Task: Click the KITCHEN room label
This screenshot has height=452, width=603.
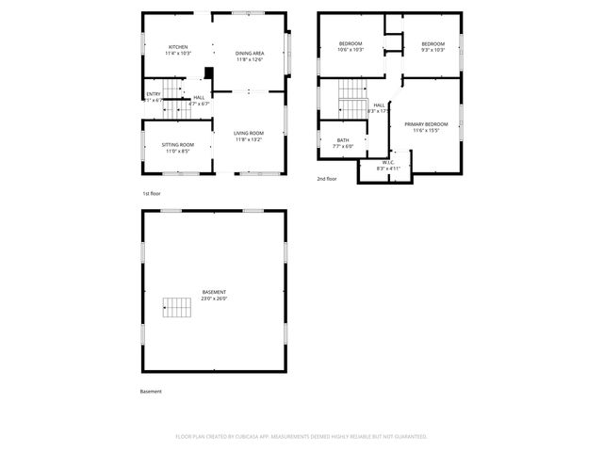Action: point(178,47)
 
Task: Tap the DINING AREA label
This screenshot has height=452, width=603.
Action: point(250,53)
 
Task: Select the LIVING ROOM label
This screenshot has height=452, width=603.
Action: point(250,133)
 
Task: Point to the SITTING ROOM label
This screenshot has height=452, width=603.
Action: point(178,144)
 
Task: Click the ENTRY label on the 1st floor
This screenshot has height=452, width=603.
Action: point(153,94)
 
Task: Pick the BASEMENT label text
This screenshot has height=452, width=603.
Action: point(214,292)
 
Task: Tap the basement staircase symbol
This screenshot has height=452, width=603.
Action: point(176,306)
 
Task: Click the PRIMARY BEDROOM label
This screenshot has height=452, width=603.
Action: point(426,124)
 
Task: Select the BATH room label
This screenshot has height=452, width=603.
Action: point(342,140)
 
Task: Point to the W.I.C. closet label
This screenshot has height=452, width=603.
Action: point(388,162)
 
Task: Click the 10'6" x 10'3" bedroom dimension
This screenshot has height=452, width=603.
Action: point(351,50)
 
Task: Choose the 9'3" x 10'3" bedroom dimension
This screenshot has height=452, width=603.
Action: point(432,50)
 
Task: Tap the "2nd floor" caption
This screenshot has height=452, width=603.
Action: point(327,178)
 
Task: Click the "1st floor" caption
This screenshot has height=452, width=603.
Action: point(152,193)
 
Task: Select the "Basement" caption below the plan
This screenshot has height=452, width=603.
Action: point(151,391)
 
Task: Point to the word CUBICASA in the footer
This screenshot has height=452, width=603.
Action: point(242,436)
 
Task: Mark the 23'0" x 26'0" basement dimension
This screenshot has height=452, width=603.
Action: point(214,299)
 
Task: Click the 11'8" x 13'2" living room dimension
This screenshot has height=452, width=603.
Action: point(250,139)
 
